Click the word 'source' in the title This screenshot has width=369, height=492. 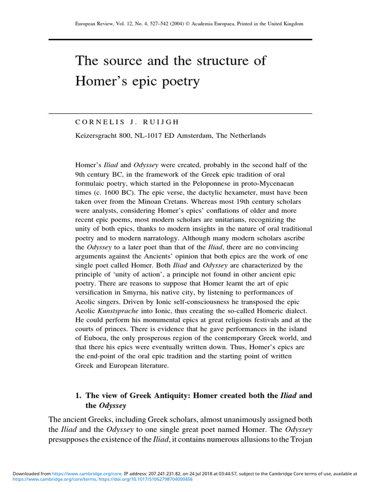point(118,61)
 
